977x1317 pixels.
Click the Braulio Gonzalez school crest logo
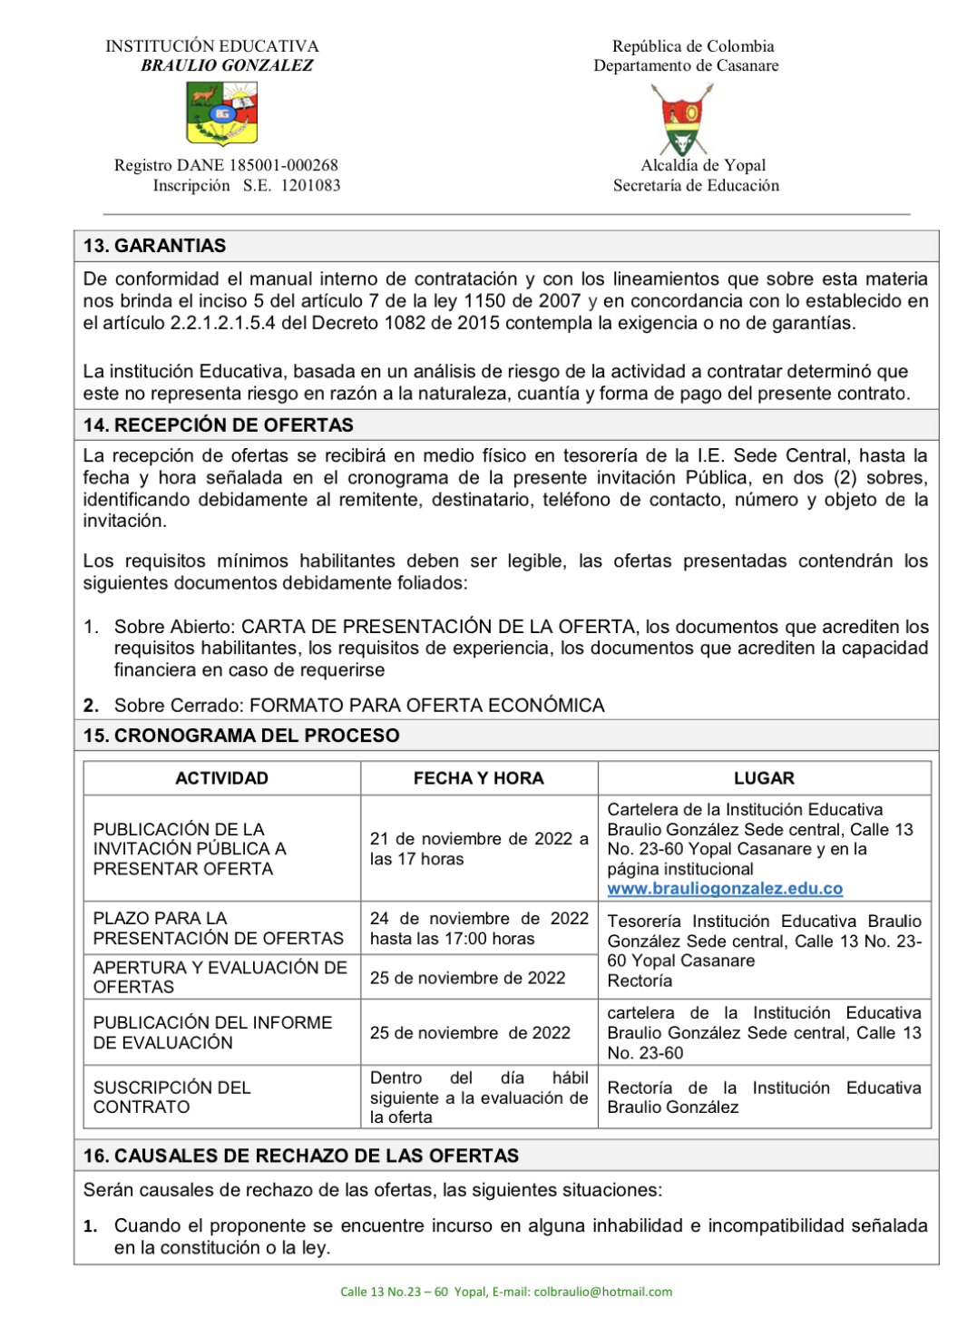[222, 113]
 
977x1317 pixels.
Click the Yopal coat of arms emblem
[682, 119]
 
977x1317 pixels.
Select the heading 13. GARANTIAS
[154, 246]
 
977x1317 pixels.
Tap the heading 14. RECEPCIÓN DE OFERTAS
[219, 424]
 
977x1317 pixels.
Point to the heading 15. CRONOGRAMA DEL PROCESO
[241, 736]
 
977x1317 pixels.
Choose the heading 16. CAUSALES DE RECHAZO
[301, 1156]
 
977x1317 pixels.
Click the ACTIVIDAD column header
[221, 778]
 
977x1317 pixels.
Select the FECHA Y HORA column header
[478, 778]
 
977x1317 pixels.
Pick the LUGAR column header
[764, 778]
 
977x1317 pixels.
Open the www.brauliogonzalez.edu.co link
[725, 889]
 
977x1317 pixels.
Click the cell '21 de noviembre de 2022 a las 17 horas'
[478, 849]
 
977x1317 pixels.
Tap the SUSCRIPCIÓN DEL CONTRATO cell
[171, 1097]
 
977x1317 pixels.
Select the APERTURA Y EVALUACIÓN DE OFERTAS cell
[220, 977]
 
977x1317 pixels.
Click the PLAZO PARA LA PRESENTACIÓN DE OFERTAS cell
[218, 928]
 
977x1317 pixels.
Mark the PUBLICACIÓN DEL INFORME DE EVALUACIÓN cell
[212, 1032]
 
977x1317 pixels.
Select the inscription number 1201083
[310, 185]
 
